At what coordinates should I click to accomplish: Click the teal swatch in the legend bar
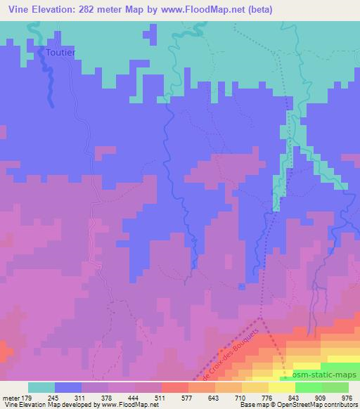tap(41, 387)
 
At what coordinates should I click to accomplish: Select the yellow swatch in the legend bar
tap(281, 387)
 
